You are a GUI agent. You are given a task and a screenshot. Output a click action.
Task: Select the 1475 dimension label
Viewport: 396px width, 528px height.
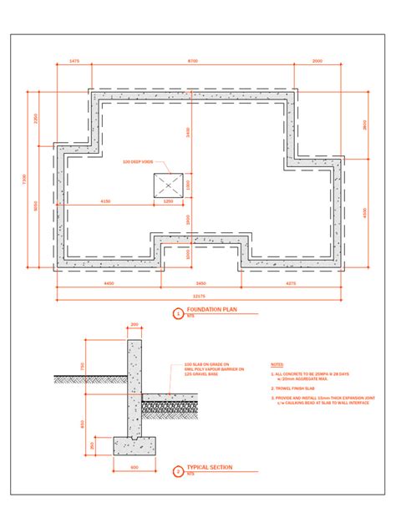74,62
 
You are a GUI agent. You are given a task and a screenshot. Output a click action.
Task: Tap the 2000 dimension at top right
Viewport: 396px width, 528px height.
317,62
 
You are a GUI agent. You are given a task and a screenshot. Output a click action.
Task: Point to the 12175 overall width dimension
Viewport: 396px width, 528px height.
197,297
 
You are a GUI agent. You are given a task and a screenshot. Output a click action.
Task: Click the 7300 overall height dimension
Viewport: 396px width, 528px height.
25,179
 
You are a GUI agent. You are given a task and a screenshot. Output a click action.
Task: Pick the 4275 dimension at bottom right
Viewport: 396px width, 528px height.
291,284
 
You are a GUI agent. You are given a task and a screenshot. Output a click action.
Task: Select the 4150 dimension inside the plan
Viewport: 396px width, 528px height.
106,201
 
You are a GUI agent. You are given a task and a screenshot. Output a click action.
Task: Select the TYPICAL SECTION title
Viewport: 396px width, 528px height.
209,467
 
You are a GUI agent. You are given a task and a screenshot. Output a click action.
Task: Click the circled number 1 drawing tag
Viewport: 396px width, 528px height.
177,314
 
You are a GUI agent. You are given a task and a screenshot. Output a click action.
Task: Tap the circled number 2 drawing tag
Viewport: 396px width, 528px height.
177,471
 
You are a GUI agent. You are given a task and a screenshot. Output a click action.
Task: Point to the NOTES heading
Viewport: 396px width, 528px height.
277,364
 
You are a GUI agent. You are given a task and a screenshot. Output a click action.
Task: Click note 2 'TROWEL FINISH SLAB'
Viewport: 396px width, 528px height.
292,388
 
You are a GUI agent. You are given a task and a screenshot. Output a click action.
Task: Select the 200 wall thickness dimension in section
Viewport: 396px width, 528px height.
135,324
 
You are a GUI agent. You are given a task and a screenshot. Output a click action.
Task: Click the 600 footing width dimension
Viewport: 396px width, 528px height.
134,467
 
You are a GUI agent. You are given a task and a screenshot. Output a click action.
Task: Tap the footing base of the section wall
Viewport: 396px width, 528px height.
134,445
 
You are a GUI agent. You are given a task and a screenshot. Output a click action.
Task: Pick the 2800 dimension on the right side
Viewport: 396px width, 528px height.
364,124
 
